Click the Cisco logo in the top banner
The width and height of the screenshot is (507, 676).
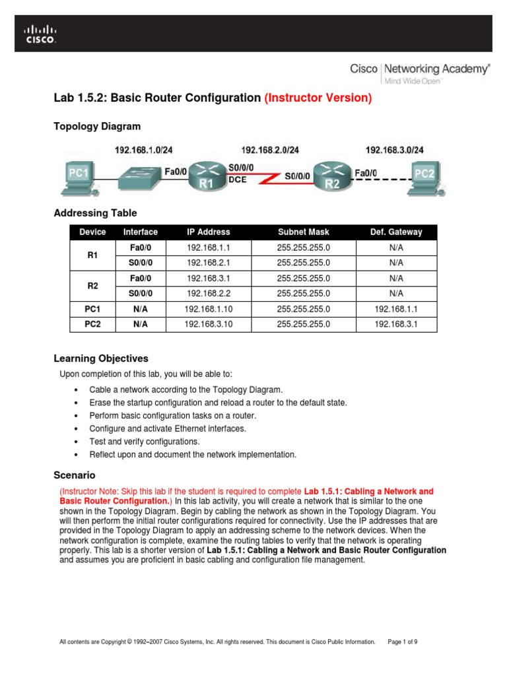(x=40, y=34)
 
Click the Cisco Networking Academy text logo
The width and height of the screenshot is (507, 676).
(x=419, y=71)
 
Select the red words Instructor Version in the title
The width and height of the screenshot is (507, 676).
(x=318, y=98)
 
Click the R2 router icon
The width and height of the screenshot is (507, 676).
(x=331, y=175)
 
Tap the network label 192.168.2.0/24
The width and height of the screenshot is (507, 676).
(x=271, y=150)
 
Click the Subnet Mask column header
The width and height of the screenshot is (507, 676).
(x=302, y=232)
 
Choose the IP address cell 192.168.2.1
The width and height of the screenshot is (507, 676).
(x=208, y=263)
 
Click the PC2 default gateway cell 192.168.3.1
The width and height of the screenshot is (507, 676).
(x=396, y=323)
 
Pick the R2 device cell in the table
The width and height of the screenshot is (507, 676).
(x=92, y=286)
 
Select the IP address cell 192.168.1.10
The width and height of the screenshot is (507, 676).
(x=208, y=308)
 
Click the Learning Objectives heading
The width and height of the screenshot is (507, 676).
(x=100, y=358)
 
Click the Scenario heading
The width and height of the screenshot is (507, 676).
(x=74, y=475)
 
